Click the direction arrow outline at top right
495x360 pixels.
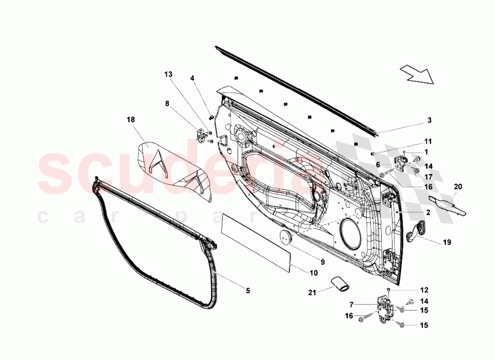[417, 75]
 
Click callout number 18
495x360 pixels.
[131, 120]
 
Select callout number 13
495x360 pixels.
[168, 74]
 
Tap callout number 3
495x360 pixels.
[429, 120]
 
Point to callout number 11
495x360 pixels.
[428, 141]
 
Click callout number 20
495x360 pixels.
[458, 186]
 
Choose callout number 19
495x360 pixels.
[446, 242]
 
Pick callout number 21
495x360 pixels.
[312, 293]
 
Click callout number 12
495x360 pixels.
[424, 290]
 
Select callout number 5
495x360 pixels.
[248, 291]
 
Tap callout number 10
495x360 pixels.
[313, 273]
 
